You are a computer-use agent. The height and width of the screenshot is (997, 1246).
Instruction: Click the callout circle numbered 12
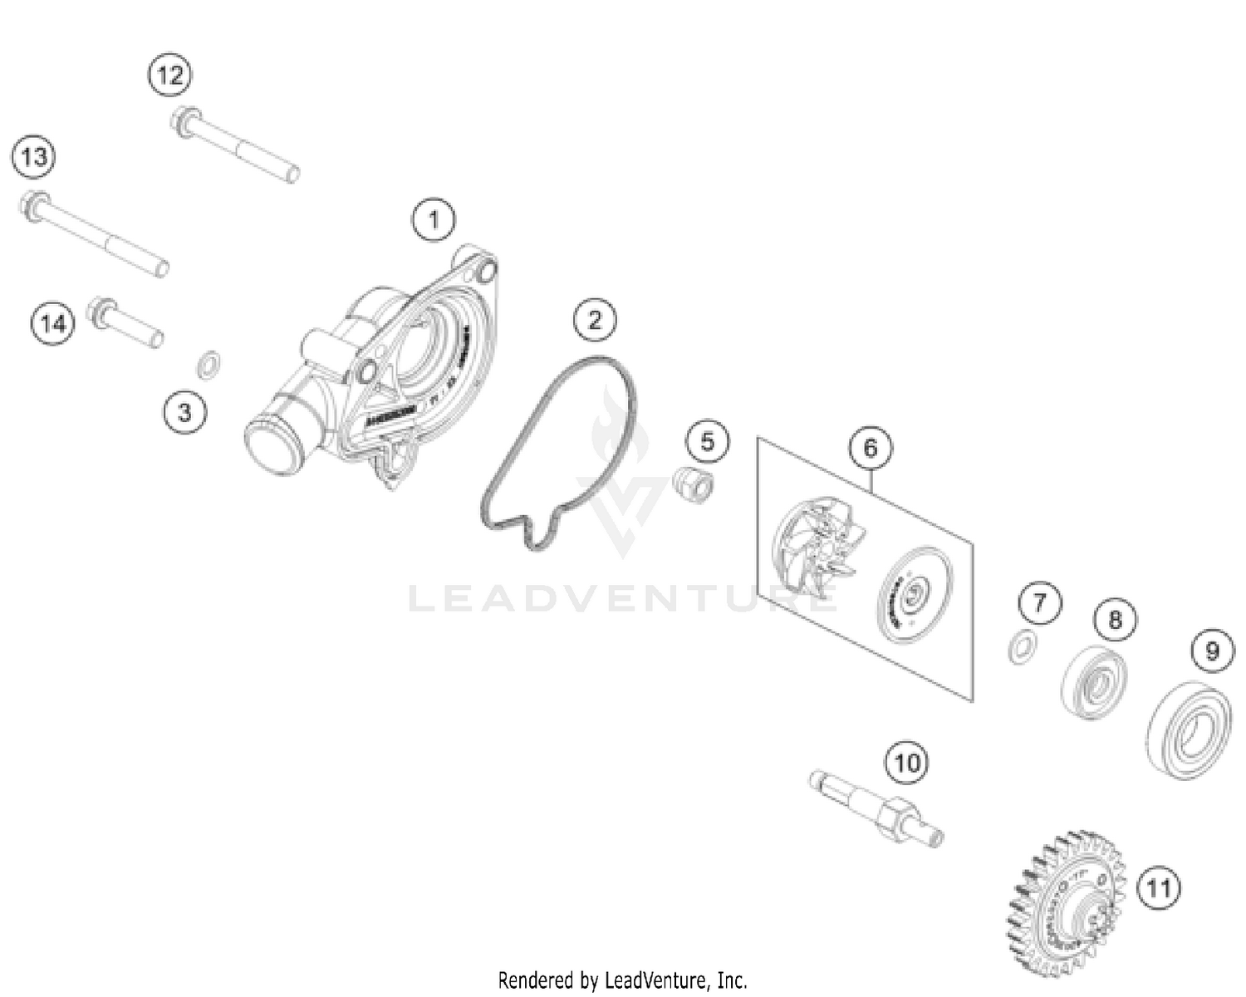(170, 76)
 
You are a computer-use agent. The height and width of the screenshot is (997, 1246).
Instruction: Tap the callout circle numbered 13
(34, 156)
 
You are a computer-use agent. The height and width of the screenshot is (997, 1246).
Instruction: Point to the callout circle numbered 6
(870, 449)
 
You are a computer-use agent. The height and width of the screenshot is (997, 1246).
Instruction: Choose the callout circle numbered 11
(1159, 888)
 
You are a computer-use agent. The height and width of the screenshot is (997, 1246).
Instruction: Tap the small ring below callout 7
(1021, 646)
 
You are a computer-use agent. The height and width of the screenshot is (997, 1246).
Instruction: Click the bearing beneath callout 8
(1096, 683)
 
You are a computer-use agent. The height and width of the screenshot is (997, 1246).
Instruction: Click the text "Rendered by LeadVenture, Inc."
(622, 980)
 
